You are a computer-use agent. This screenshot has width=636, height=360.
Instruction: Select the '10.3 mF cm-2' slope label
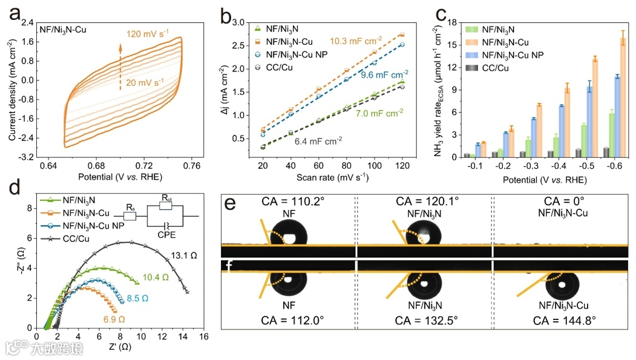coord(356,41)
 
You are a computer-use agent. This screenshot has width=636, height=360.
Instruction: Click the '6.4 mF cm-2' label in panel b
coord(318,140)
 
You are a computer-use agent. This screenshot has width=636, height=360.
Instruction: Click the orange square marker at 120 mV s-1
coord(402,35)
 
